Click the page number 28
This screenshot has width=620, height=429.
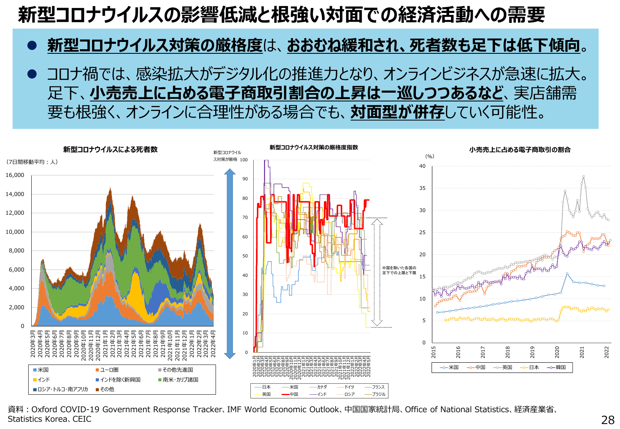pos(607,420)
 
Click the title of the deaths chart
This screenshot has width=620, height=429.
pos(110,149)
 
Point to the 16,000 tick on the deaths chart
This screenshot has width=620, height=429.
pos(15,175)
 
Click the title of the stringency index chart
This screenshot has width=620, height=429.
pos(314,147)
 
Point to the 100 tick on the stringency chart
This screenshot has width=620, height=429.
pos(244,160)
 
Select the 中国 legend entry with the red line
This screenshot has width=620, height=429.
pos(291,394)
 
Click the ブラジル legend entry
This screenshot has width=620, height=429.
pos(376,394)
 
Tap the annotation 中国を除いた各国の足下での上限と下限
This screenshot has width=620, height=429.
pos(399,270)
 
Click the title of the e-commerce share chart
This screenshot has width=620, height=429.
pos(520,150)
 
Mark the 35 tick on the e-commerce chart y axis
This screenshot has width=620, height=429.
pos(422,188)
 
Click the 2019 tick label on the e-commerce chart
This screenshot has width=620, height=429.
pos(532,352)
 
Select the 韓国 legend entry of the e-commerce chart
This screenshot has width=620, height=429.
pos(557,367)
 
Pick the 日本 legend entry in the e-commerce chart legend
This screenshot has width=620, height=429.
pos(531,367)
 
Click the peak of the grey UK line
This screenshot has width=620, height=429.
pos(583,176)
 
